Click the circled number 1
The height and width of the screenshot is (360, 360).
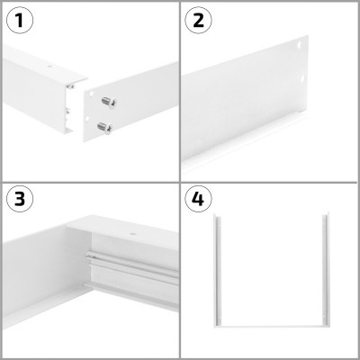click(x=20, y=20)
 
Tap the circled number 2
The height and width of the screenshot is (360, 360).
click(x=200, y=20)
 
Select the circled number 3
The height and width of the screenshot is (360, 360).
click(x=20, y=200)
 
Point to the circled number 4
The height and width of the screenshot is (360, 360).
click(x=200, y=200)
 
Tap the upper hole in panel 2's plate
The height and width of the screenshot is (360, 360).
click(x=300, y=43)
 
